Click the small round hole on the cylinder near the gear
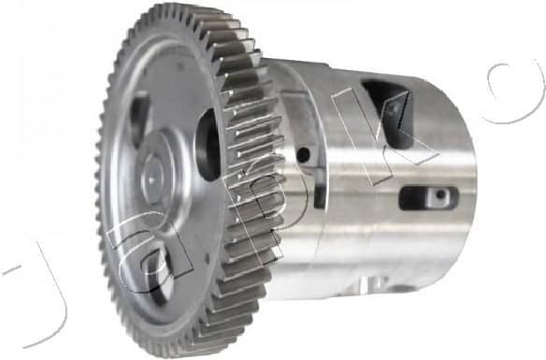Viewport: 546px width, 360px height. coord(302,154)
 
